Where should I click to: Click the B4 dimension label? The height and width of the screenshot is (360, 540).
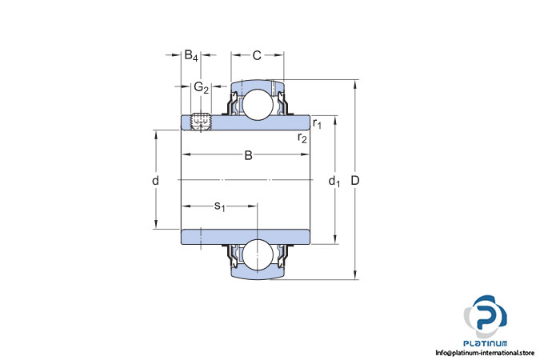click(191, 55)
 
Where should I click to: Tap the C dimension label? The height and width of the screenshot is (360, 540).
click(257, 55)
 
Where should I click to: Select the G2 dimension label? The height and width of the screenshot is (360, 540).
click(202, 87)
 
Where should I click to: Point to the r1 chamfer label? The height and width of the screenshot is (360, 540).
click(317, 123)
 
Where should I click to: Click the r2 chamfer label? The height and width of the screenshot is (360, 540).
click(302, 138)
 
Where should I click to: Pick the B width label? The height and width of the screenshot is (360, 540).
click(248, 155)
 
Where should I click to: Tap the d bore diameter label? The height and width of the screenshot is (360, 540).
click(156, 180)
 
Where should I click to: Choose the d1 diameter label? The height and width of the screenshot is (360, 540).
click(334, 181)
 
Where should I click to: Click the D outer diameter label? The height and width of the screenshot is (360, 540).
click(355, 180)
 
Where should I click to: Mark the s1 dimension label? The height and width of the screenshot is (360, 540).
click(219, 206)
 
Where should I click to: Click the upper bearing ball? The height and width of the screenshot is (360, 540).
click(258, 105)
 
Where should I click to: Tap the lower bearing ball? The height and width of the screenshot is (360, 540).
click(258, 254)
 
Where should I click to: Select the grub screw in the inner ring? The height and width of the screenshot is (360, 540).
click(201, 122)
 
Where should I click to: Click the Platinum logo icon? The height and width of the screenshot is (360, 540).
click(486, 316)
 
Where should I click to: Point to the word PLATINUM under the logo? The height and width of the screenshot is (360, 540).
click(486, 343)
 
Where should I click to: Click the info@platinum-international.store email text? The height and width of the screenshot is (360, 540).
click(485, 353)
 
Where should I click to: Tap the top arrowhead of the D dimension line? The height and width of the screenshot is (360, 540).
click(355, 83)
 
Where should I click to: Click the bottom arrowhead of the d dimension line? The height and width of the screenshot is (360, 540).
click(156, 225)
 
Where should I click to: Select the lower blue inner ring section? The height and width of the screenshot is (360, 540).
click(246, 237)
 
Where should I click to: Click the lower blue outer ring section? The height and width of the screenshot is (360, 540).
click(258, 274)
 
